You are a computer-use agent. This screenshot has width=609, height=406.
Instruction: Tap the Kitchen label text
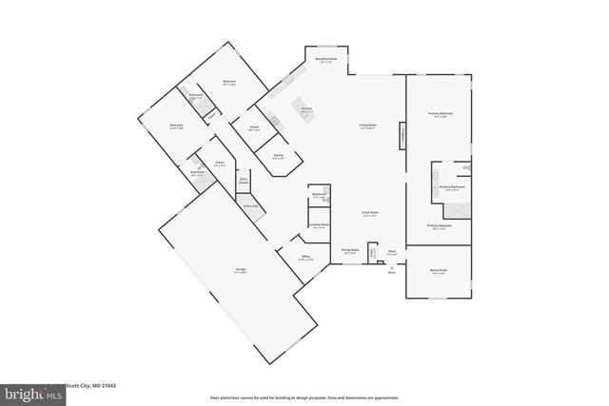pos(307,110)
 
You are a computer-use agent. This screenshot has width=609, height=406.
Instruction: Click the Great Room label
pos(370,213)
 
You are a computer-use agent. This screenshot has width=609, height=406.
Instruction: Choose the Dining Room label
pos(349,251)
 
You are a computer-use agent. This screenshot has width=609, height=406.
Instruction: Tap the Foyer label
pos(391,252)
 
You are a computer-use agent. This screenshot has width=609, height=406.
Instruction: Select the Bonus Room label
pos(439,270)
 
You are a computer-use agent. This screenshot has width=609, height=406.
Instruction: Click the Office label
pos(306,257)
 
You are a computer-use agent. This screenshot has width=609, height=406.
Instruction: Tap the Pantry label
pos(279,157)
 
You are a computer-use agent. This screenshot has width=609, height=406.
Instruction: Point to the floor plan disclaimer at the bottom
pos(304,397)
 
